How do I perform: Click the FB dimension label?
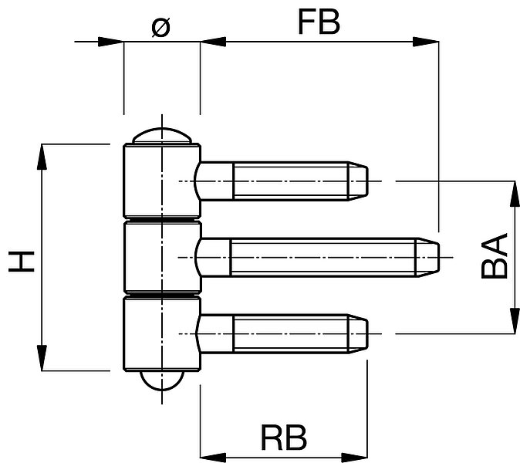[319, 22]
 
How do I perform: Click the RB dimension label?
[284, 437]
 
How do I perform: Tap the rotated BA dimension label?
[494, 255]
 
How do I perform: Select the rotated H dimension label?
[22, 262]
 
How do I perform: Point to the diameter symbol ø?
[160, 27]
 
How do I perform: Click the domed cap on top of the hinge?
[161, 136]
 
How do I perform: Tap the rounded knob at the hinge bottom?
[161, 380]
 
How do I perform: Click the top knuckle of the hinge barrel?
[162, 180]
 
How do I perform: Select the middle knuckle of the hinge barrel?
[162, 258]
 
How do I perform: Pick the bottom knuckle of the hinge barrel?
[162, 333]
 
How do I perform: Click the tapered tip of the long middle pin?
[428, 258]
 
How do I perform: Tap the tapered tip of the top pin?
[358, 181]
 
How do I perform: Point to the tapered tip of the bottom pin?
[358, 333]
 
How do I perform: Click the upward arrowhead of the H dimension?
[42, 157]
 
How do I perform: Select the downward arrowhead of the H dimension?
[42, 357]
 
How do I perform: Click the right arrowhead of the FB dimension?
[426, 42]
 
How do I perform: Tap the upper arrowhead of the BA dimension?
[515, 194]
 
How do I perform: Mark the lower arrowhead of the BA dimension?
[515, 320]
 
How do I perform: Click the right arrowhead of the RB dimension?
[355, 458]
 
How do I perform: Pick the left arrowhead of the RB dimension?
[213, 458]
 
